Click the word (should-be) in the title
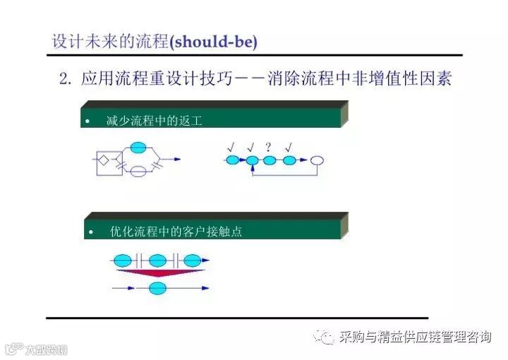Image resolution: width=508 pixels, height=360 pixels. [x=213, y=42]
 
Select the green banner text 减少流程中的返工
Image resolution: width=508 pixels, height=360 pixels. [x=155, y=121]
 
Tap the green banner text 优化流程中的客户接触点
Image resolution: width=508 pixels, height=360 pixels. [x=176, y=231]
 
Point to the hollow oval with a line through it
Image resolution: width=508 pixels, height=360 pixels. [x=140, y=171]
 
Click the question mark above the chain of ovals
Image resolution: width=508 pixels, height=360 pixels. [x=268, y=147]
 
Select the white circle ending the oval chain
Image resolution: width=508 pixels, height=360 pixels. [x=318, y=161]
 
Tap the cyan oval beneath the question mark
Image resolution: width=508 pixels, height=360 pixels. [x=270, y=161]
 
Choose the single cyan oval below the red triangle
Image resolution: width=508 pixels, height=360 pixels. [x=158, y=287]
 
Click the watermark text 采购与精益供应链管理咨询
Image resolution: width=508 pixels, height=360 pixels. [x=415, y=337]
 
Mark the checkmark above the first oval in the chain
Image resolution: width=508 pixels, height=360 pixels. [x=231, y=147]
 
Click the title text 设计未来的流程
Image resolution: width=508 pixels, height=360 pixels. [x=110, y=42]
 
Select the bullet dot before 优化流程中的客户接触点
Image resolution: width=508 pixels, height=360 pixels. [x=91, y=232]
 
